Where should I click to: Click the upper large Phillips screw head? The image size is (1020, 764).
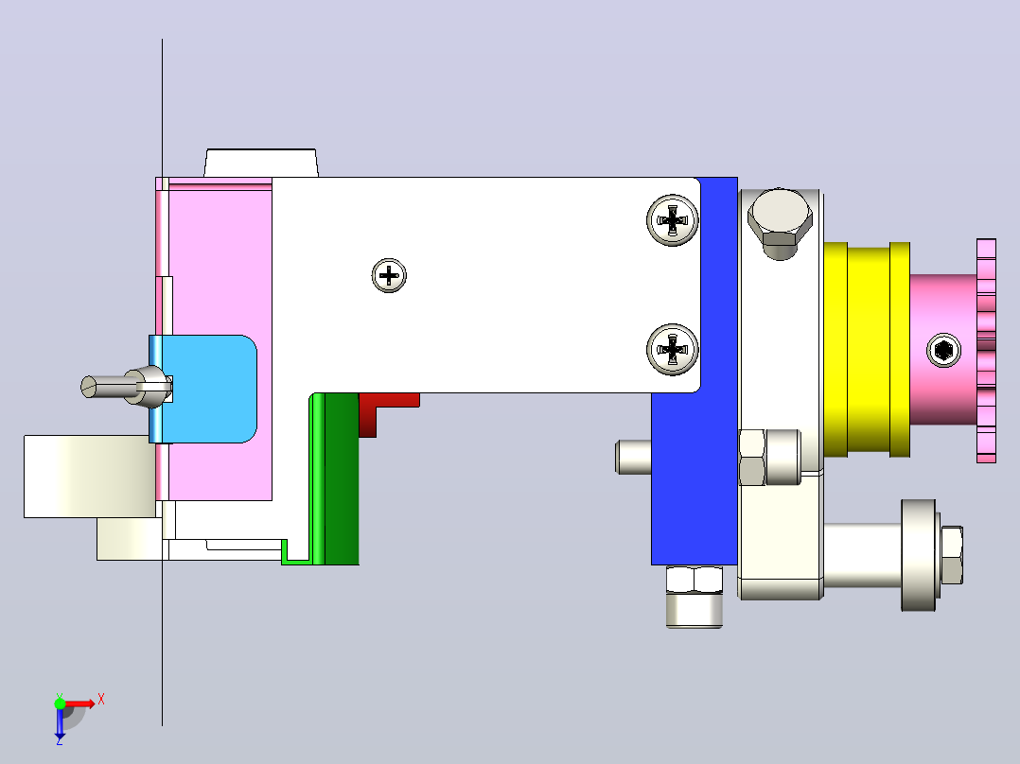[x=672, y=219]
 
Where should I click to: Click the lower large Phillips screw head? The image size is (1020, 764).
[x=672, y=349]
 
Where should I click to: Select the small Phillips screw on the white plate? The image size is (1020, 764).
[x=389, y=275]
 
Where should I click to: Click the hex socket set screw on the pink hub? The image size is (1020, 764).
[x=943, y=351]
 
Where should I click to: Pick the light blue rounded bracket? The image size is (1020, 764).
[x=202, y=389]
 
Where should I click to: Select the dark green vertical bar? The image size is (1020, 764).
[x=342, y=478]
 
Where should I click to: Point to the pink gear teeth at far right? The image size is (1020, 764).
[x=986, y=351]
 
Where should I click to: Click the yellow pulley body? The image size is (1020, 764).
[x=867, y=350]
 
